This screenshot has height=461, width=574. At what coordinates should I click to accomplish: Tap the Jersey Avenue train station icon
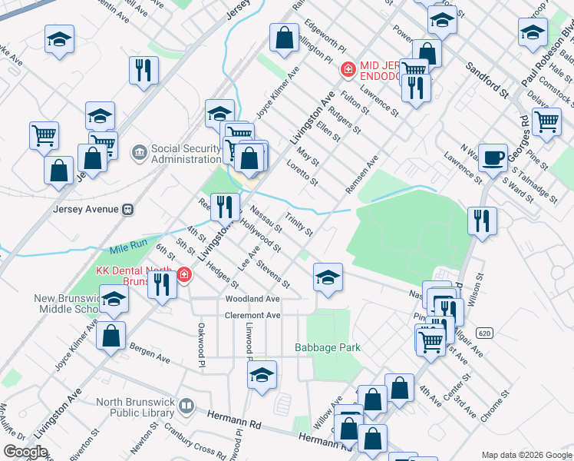point(129,209)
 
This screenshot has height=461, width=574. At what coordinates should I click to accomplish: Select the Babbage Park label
point(328,348)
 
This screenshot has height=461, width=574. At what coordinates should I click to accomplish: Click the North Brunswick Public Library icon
point(186,405)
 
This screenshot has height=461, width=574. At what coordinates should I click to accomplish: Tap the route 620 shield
point(483,333)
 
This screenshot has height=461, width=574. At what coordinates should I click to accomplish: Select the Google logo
point(25,452)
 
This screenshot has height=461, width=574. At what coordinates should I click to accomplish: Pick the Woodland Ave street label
point(252,298)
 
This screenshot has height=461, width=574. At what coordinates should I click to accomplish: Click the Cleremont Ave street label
point(252,315)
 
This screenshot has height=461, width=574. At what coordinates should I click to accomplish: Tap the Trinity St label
point(299,224)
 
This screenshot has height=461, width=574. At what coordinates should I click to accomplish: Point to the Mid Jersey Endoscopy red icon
point(347,69)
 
